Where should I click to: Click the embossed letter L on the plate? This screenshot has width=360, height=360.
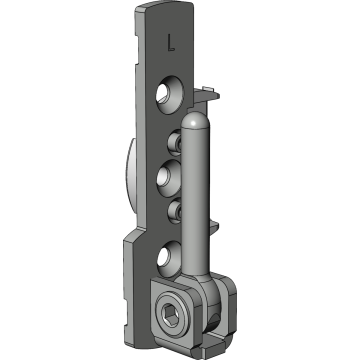171,43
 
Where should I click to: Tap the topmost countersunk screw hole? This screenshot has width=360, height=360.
169,95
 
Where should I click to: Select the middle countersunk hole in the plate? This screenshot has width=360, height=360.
169,178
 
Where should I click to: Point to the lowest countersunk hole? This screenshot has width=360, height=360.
168,258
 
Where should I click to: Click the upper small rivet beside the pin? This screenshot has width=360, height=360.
174,144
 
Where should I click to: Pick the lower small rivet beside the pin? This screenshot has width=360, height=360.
174,211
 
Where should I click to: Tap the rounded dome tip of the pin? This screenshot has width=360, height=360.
195,120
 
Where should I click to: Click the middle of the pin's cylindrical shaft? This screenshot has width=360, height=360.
196,197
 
